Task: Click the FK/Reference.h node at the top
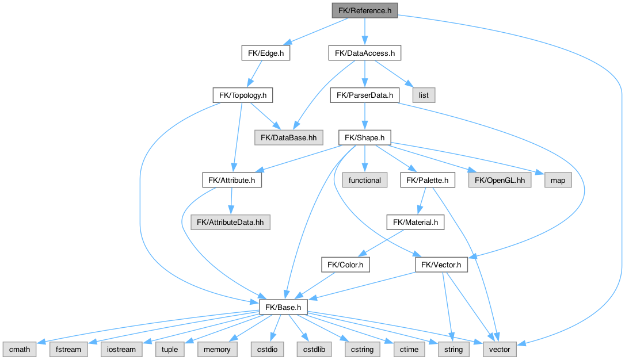click(364, 10)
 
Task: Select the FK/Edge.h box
click(265, 53)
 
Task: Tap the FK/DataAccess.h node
click(364, 53)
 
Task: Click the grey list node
click(424, 95)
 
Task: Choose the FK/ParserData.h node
click(364, 95)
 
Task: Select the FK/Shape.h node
click(365, 137)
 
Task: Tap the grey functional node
click(365, 180)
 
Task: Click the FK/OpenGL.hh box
click(497, 180)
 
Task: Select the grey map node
click(558, 180)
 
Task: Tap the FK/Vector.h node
click(441, 265)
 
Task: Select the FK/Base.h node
click(282, 307)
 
